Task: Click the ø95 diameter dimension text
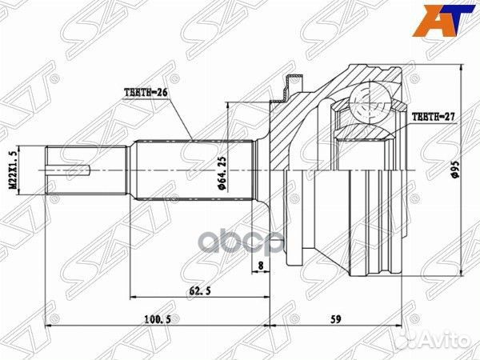tap(454, 172)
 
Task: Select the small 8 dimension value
tap(261, 266)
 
